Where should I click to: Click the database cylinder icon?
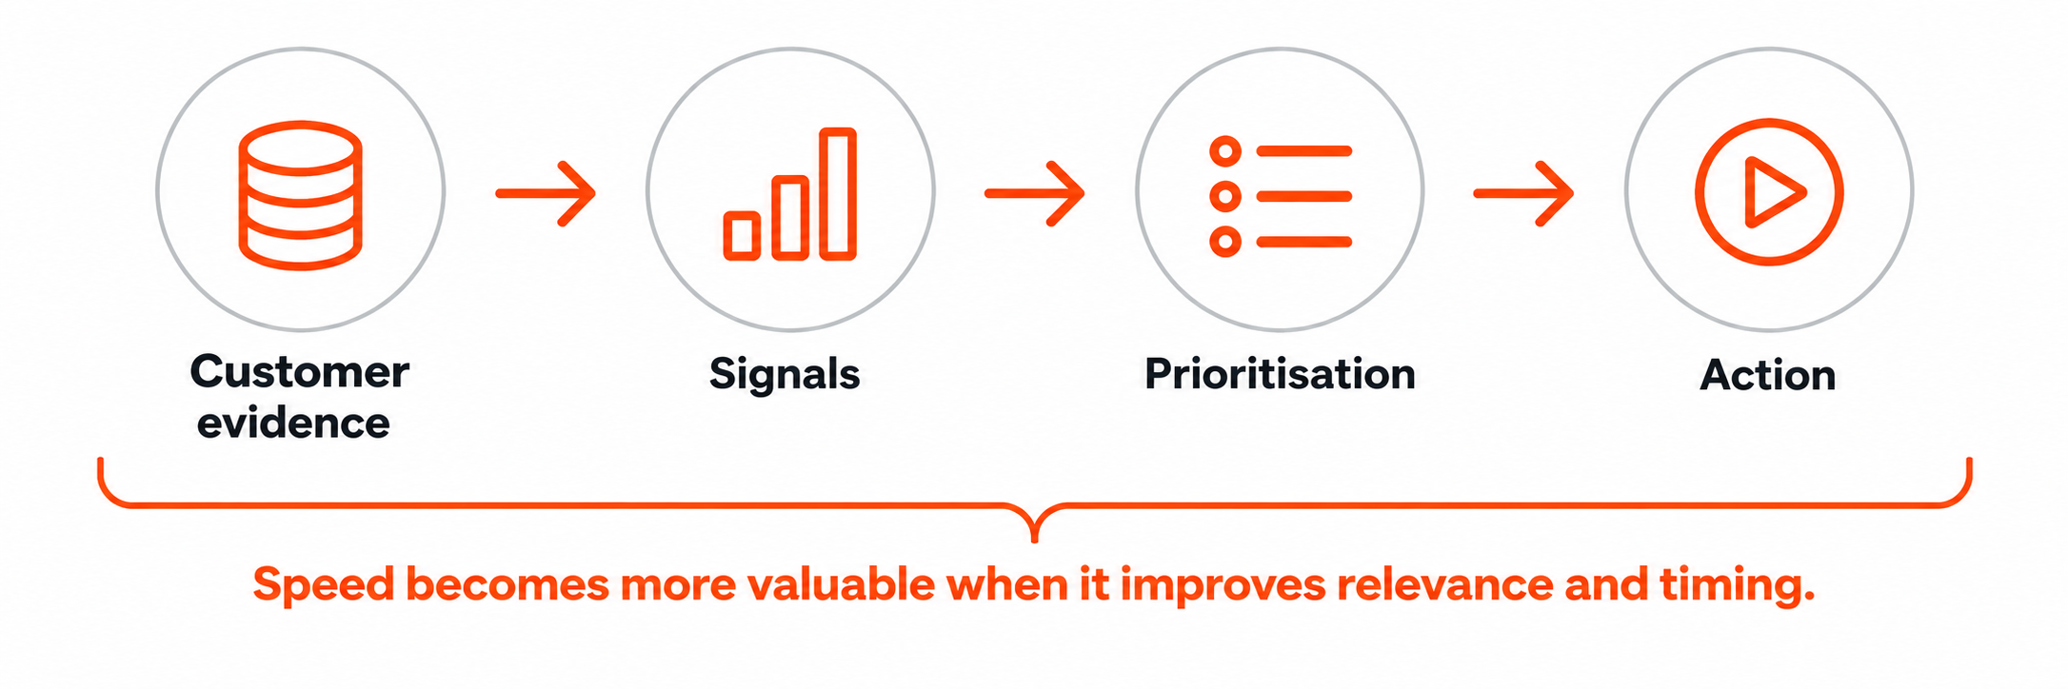(300, 195)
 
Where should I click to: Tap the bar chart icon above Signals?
(790, 193)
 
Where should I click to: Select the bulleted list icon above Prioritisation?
(1281, 196)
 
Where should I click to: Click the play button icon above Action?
(1769, 192)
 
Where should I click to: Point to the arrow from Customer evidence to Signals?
(546, 193)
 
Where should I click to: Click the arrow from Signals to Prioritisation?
(1035, 193)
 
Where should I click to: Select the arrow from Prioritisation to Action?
(1523, 193)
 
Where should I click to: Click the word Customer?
(300, 371)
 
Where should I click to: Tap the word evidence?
(293, 423)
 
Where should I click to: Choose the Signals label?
(785, 375)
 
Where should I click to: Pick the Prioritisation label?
(1280, 373)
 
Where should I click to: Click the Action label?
(1768, 375)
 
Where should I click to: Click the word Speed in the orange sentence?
(324, 585)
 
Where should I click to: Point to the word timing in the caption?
(1738, 585)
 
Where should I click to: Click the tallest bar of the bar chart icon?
(839, 193)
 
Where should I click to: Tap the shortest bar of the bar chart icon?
(742, 235)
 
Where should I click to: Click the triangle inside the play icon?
(1774, 192)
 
